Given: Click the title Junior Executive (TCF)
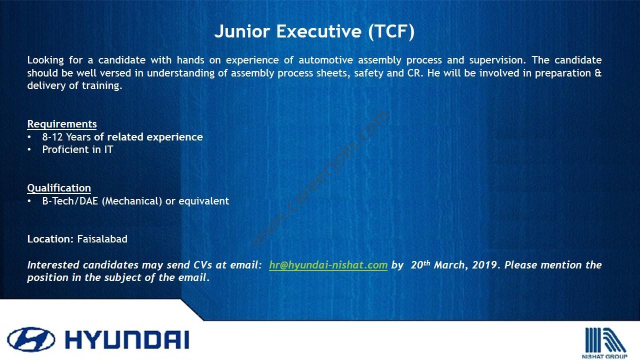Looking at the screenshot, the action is click(x=314, y=31).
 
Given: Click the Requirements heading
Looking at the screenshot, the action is click(x=62, y=124).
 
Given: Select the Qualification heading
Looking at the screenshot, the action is click(x=59, y=188).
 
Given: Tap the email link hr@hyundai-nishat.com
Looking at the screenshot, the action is click(x=328, y=265).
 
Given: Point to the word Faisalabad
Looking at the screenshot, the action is click(x=102, y=239).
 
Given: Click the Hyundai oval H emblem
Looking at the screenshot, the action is click(x=31, y=339).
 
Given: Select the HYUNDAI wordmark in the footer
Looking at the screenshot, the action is click(x=127, y=340).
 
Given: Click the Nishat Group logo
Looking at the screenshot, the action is click(x=605, y=343).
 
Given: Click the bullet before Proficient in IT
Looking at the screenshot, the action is click(x=29, y=149).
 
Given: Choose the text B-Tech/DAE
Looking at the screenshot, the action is click(x=70, y=201).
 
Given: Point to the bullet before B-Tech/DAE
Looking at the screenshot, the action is click(x=29, y=201).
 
